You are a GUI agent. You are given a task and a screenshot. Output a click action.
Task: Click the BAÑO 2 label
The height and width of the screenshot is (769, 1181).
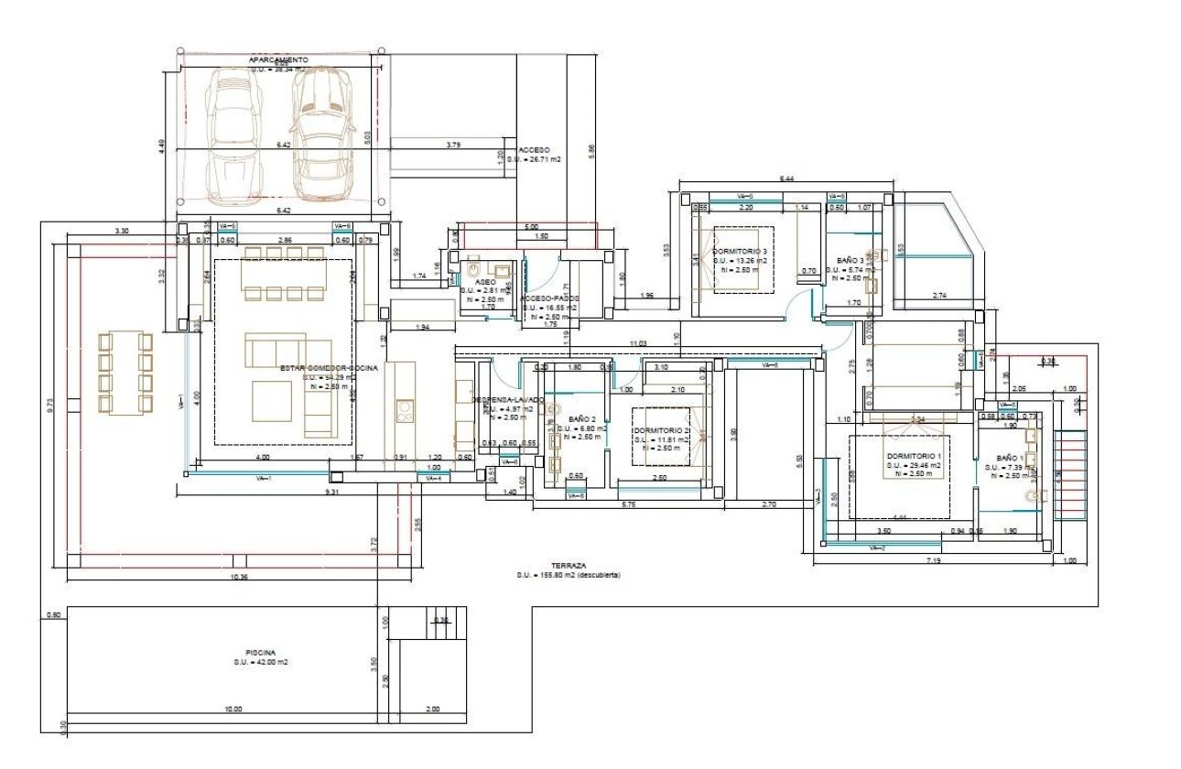point(581,418)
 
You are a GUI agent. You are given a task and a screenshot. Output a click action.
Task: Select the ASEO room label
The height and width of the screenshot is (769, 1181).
point(485,282)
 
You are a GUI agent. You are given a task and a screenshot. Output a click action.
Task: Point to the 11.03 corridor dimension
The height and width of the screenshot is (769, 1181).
point(637,343)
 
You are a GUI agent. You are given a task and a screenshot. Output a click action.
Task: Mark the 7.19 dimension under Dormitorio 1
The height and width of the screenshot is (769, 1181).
point(933,559)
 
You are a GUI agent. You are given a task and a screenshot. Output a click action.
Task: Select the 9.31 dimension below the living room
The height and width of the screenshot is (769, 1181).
point(331,493)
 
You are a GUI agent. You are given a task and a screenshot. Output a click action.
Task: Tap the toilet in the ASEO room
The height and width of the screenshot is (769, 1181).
point(472,270)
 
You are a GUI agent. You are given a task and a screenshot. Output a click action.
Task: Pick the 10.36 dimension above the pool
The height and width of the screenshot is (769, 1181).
point(240,577)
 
